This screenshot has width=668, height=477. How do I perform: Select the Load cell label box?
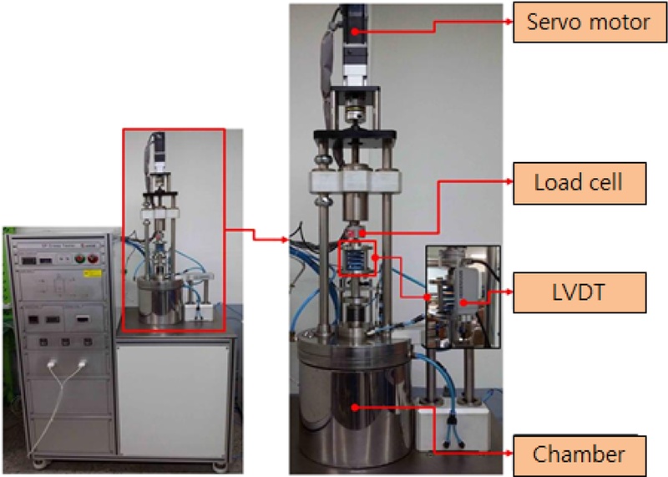tap(578, 182)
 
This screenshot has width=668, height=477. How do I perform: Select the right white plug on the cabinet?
tap(82, 365)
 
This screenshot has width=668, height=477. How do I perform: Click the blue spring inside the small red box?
tap(357, 257)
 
